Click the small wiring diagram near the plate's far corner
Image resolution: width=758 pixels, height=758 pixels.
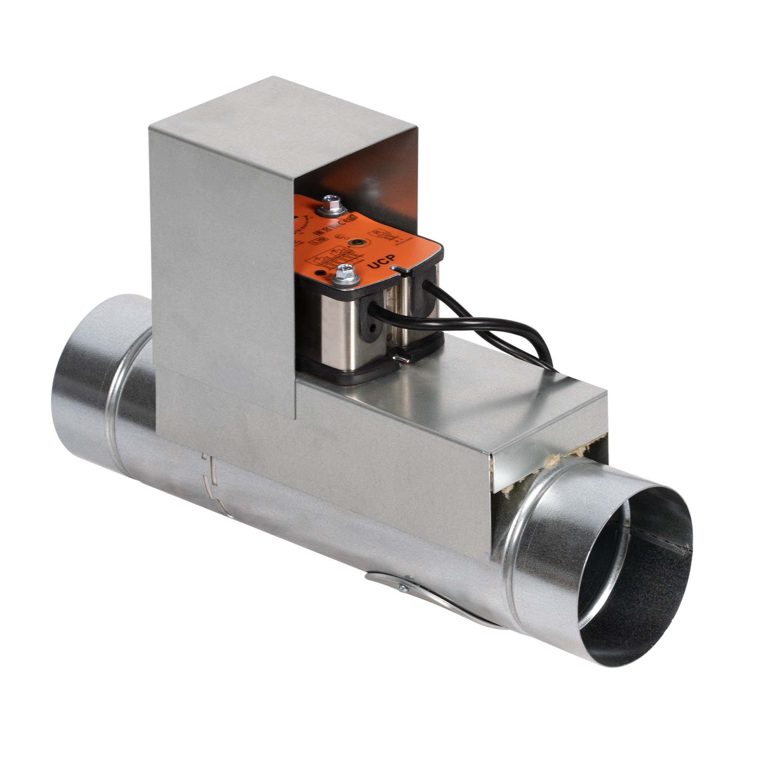click(x=387, y=234)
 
